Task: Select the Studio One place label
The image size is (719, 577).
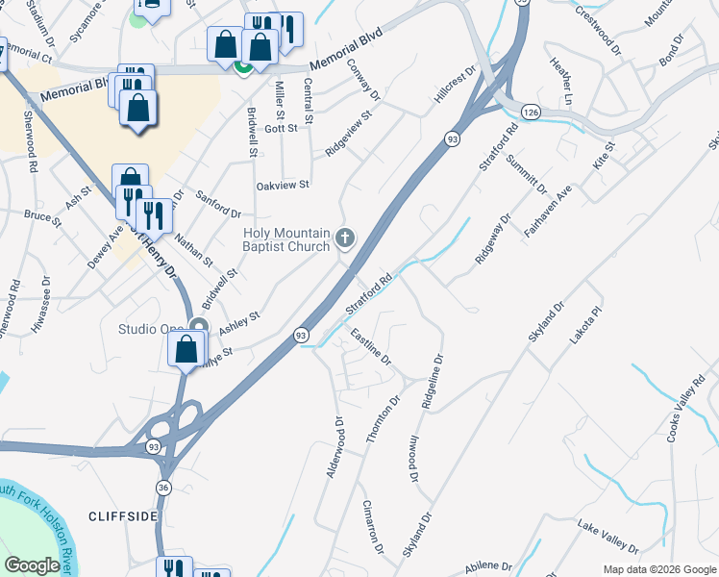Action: click(x=150, y=329)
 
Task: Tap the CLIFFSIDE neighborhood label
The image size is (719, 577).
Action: click(x=122, y=516)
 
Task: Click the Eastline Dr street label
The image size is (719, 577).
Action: click(x=370, y=347)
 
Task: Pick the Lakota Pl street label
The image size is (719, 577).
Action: click(x=589, y=326)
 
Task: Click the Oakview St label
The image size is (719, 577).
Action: click(x=283, y=185)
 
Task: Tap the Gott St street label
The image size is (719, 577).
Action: click(x=282, y=129)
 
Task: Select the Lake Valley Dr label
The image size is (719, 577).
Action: click(x=607, y=538)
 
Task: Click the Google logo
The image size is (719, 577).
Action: click(x=33, y=565)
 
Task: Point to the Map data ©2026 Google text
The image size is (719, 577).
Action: click(x=658, y=569)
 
